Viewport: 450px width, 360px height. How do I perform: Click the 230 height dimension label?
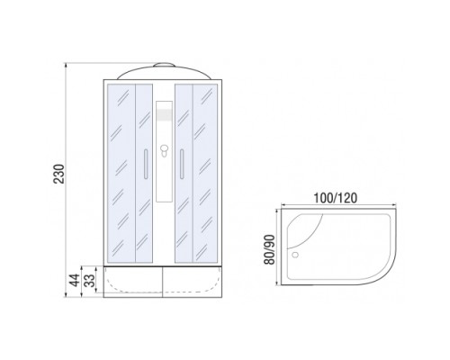(59, 174)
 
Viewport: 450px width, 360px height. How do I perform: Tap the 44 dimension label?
(75, 280)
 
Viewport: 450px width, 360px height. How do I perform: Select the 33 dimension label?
(89, 280)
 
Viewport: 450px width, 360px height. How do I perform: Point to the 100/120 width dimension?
(335, 198)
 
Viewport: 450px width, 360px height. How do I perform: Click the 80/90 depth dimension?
(269, 249)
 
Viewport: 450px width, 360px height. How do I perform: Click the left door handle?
(146, 164)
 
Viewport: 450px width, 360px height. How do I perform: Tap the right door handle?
(182, 164)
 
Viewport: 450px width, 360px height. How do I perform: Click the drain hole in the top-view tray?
(295, 255)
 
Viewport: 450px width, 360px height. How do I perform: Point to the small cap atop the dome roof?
(164, 65)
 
